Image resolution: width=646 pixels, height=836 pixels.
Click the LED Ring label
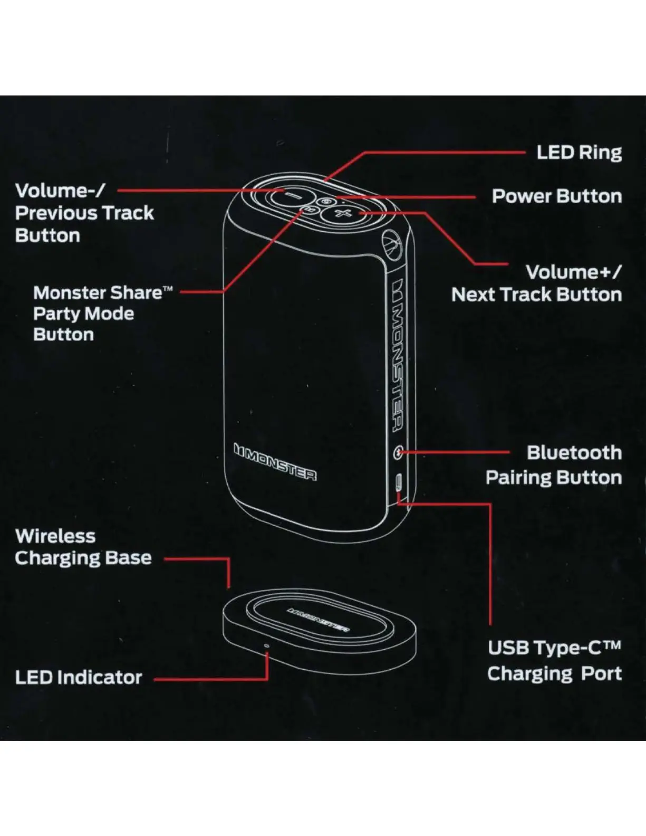tap(579, 153)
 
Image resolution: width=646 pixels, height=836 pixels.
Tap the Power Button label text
tap(556, 196)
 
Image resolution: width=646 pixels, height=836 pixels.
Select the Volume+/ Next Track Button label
tap(537, 283)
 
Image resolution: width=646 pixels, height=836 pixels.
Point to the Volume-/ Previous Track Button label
tap(84, 213)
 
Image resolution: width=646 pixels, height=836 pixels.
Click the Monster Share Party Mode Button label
tap(103, 313)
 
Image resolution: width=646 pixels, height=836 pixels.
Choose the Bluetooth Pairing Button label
tap(554, 465)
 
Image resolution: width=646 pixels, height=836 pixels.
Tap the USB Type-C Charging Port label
tap(554, 661)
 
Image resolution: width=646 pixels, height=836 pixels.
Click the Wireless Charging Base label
tap(83, 547)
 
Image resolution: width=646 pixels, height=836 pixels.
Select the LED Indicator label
tap(79, 678)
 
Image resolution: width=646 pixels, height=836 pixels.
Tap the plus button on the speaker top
tap(343, 213)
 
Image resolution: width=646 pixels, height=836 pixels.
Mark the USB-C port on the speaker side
tap(399, 482)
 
